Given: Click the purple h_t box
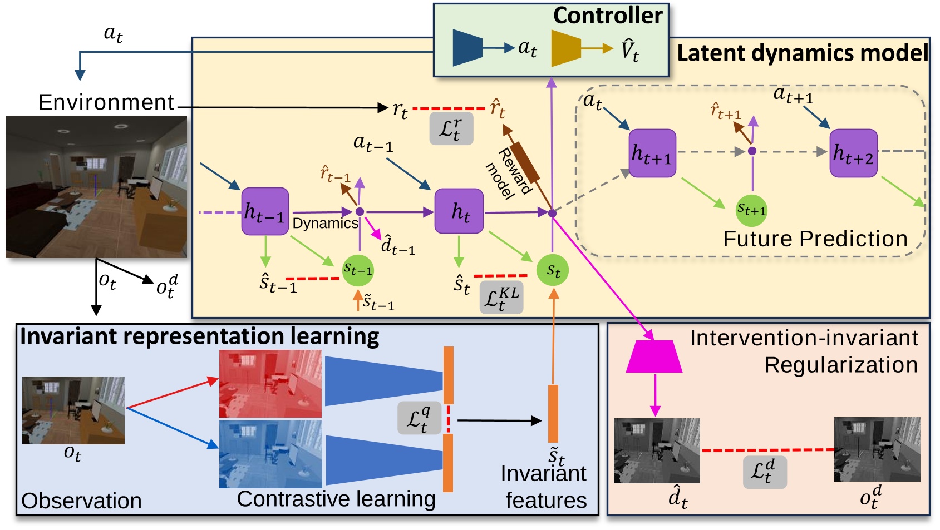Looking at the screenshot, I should [x=459, y=211].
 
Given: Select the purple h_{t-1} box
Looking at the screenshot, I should [x=265, y=211].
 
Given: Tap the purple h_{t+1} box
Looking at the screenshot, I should [x=652, y=153].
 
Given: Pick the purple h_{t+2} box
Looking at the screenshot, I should [x=853, y=153].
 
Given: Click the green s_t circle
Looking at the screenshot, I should [x=553, y=270].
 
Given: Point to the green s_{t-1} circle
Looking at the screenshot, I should [x=357, y=270].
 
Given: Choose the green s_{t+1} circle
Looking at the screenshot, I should [x=751, y=210].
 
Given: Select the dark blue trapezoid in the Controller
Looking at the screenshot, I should [x=467, y=48].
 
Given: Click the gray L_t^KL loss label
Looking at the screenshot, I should [x=501, y=298].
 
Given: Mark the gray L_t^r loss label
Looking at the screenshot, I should [x=451, y=129].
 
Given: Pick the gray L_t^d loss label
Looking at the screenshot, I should [x=765, y=472].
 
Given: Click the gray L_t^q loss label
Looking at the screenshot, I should [x=419, y=418].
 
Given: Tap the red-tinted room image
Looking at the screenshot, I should [x=270, y=384].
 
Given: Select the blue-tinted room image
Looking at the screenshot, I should [x=270, y=454].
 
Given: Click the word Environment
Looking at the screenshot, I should [x=106, y=102].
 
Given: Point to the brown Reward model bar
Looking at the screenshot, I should [x=525, y=162].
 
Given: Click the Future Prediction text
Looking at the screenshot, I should [x=815, y=239].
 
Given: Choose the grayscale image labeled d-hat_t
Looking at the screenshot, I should [x=657, y=450].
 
